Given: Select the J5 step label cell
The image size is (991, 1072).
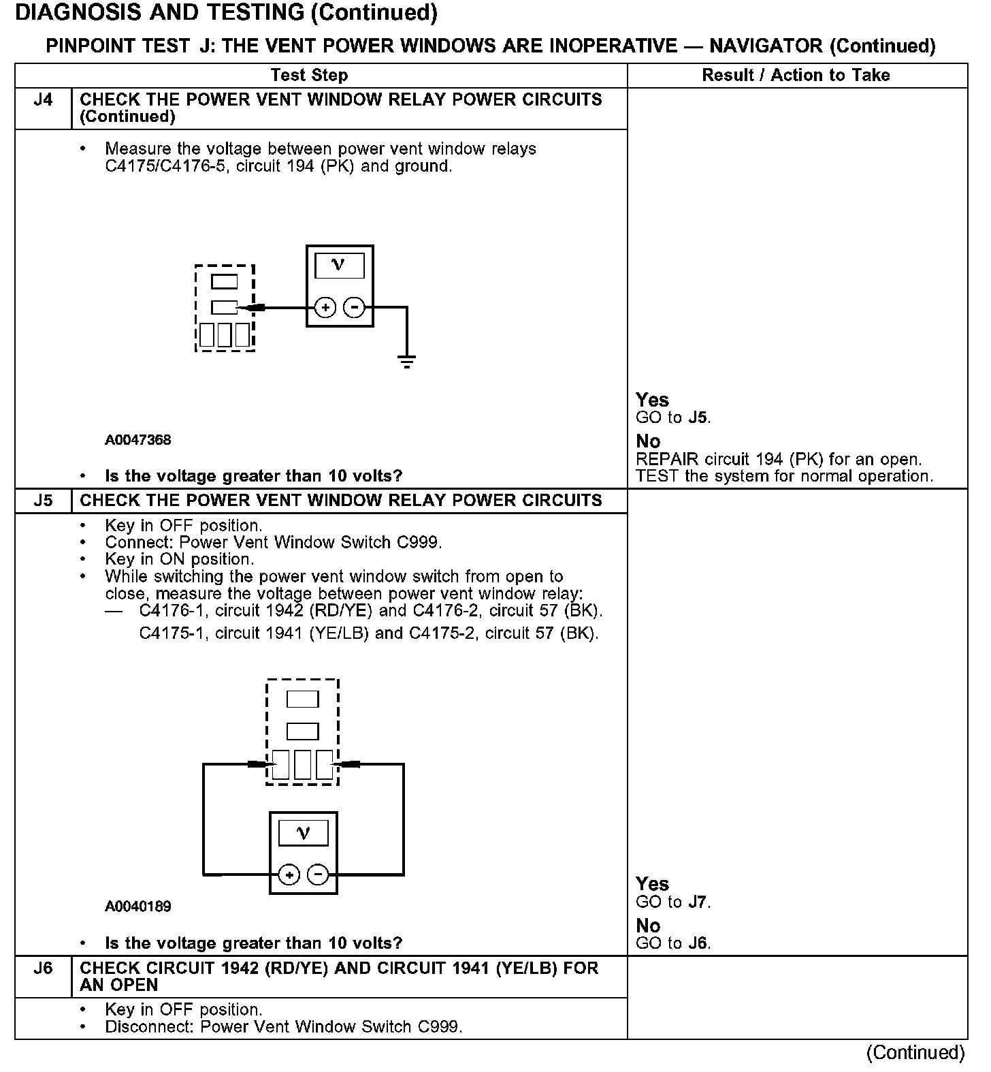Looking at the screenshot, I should (43, 501).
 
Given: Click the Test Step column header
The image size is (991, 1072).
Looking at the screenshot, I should (309, 76).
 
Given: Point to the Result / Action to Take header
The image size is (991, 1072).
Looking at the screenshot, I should (796, 76).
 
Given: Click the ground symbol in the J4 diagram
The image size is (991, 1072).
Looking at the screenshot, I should (407, 362).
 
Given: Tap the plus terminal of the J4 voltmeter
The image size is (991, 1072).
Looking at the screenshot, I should (326, 308).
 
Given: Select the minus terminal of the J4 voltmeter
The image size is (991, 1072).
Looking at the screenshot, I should (354, 308).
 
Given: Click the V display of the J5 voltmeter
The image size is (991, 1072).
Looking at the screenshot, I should (304, 833).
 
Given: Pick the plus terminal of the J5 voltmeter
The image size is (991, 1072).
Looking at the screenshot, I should (289, 874).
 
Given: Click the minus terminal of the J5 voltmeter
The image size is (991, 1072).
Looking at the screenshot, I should (318, 874).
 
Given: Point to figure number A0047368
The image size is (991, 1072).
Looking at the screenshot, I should (138, 440).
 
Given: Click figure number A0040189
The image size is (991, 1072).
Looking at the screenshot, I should (138, 907).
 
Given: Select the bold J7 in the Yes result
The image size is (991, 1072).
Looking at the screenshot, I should (698, 902).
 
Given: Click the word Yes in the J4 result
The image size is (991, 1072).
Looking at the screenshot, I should (652, 400).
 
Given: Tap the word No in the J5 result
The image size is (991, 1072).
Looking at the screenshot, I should (648, 926).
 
